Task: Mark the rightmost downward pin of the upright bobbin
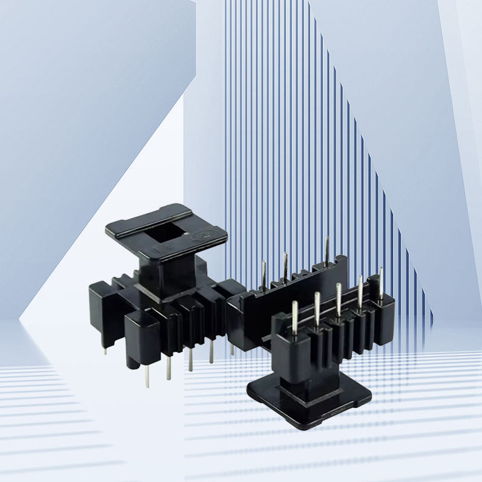[231, 348]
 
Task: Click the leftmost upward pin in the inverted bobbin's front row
[295, 317]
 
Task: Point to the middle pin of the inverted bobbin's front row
[339, 299]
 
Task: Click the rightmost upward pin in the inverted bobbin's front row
[380, 283]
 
